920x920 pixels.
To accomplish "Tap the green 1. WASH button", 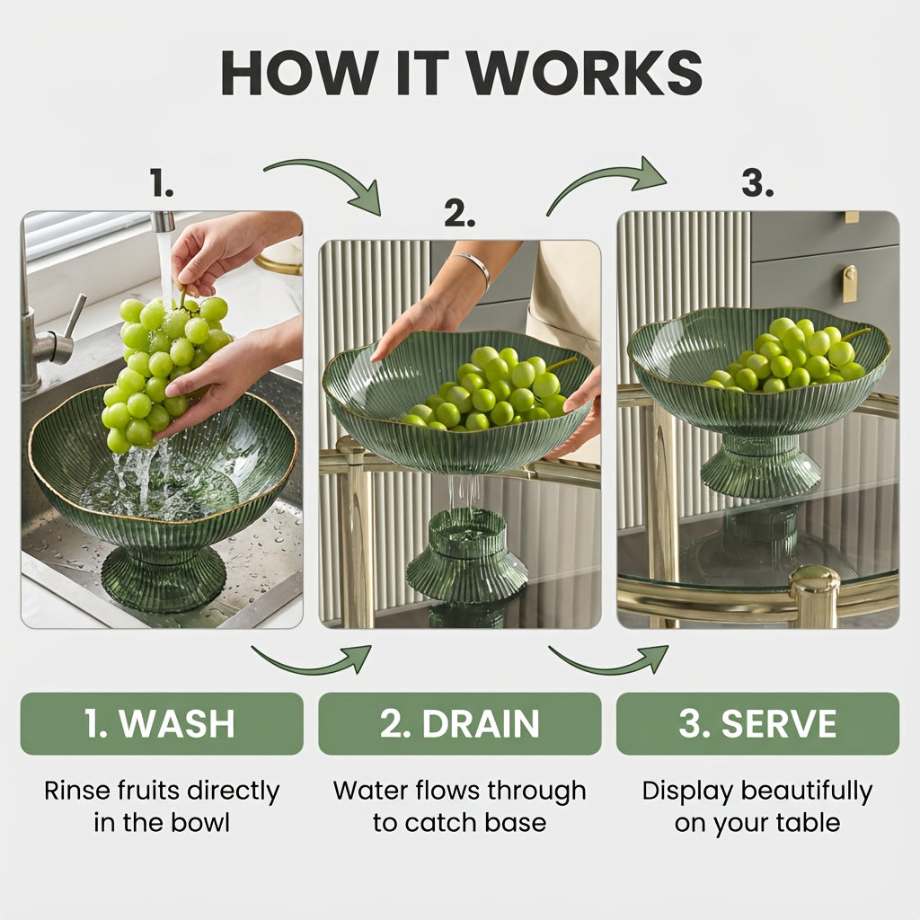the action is tap(162, 723).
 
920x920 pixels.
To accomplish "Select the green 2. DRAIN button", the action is tap(459, 723).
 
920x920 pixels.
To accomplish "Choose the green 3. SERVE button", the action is tap(757, 723).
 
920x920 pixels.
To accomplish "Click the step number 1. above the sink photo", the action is tap(162, 182).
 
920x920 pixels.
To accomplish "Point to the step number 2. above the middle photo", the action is tap(459, 213).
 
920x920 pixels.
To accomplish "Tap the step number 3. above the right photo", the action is tap(757, 182).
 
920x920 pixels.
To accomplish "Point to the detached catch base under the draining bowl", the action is tap(467, 555).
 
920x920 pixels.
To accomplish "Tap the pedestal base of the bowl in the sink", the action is tap(164, 577).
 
